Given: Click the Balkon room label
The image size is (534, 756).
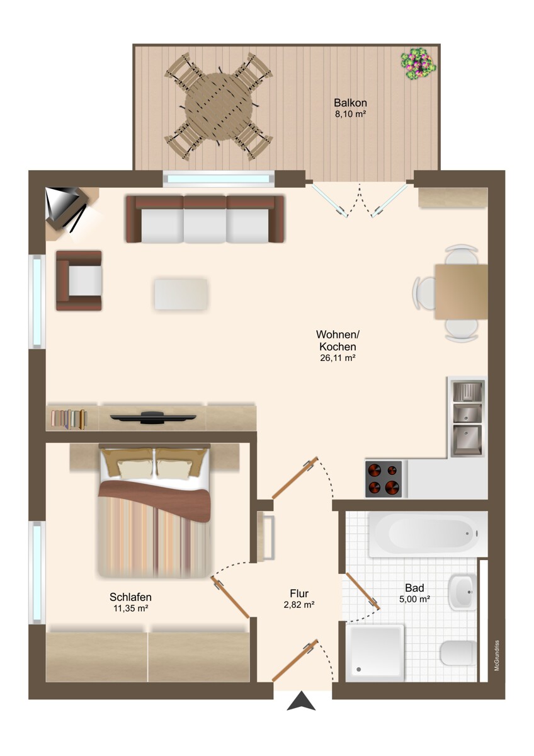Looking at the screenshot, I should (350, 103).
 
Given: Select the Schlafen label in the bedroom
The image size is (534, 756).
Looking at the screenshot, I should (130, 597).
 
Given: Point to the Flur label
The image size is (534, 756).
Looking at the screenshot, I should (299, 593).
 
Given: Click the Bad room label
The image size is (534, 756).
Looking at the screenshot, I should (415, 588).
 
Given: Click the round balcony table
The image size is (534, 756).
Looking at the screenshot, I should (219, 105).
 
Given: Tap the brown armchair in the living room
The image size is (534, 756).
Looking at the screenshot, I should (79, 280).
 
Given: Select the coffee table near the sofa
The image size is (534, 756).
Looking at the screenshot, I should (181, 294).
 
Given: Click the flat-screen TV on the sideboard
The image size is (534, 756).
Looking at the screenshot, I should (153, 416).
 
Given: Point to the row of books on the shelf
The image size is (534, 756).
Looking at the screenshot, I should (69, 418).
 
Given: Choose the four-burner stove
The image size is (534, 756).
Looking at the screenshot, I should (383, 479).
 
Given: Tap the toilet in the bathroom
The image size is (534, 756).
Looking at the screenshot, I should (458, 653).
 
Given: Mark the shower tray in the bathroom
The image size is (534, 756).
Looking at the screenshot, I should (375, 653).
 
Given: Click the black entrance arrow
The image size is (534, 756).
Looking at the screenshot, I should (301, 701).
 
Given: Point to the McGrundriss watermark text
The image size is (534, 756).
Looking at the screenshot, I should (497, 656).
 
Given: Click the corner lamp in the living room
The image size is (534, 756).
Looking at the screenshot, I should (66, 207).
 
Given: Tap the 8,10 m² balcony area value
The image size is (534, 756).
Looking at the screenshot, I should (350, 115).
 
